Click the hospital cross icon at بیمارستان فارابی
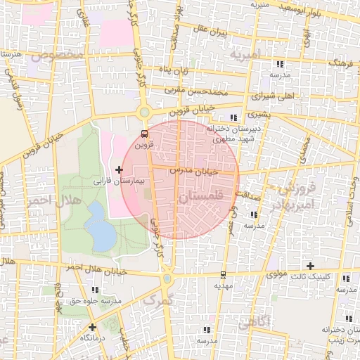pos(118,169)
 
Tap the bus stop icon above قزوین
pos(144,133)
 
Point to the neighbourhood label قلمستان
pos(208,199)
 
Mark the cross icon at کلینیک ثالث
pos(310,265)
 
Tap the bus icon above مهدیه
pos(223,274)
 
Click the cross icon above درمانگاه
pos(92,327)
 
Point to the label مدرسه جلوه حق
pos(96,301)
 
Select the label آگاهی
pos(255,323)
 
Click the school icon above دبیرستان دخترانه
pos(233,118)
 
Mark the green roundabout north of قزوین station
pos(145,112)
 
